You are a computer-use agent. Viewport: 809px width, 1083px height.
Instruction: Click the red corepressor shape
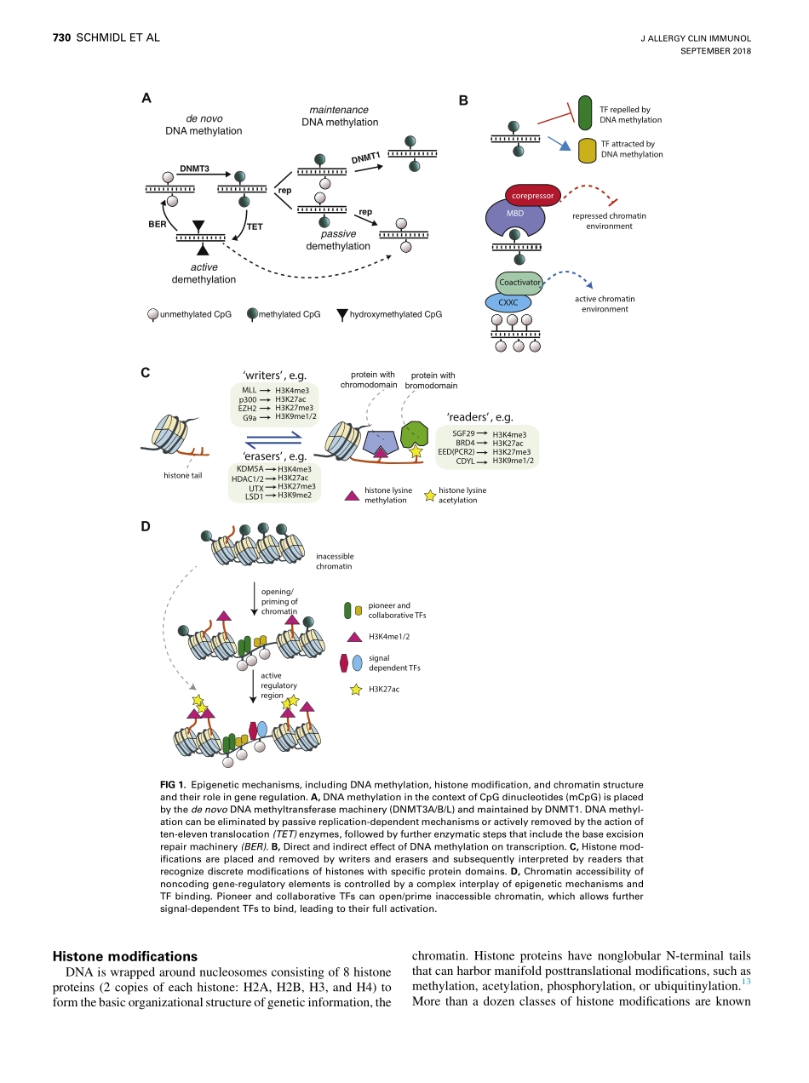pos(532,196)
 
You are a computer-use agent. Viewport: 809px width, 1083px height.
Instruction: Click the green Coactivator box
pos(520,282)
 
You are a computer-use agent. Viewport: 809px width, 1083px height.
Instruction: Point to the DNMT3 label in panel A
pos(194,169)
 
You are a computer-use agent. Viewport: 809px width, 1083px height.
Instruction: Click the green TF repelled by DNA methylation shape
pos(585,114)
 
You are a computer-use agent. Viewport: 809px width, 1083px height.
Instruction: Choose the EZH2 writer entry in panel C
pos(248,408)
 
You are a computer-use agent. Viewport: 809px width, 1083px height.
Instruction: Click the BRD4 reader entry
pos(464,443)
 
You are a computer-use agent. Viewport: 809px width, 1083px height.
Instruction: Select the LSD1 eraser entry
pos(253,496)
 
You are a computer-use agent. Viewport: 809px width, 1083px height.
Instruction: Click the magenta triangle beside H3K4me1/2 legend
pos(355,635)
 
